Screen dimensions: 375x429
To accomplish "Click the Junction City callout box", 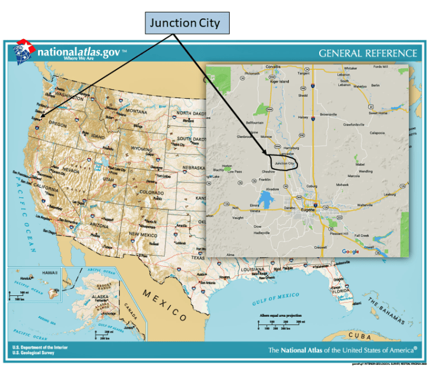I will (x=185, y=23).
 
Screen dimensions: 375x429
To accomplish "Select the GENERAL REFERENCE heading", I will (x=367, y=53).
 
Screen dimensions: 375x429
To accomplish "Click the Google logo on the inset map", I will (x=351, y=251).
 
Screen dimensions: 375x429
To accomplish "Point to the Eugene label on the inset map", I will (x=307, y=211).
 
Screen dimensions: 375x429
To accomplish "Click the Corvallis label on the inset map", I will (x=273, y=67).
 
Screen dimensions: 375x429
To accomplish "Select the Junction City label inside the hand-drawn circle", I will (x=285, y=162).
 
